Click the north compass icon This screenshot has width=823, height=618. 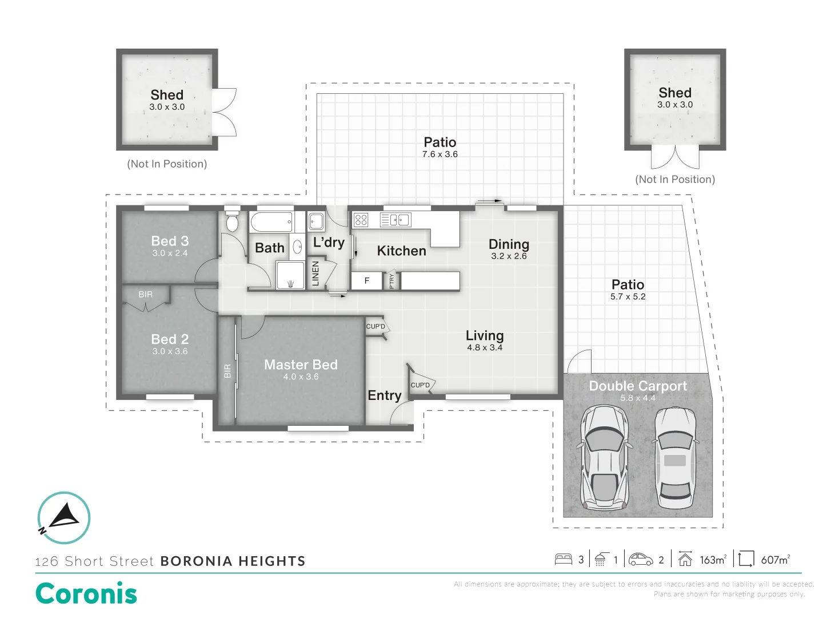tap(64, 517)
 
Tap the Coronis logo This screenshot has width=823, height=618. tap(86, 593)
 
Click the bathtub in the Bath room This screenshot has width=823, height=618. tap(272, 221)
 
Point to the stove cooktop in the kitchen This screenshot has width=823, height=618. tap(361, 220)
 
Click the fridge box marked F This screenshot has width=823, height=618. tap(366, 280)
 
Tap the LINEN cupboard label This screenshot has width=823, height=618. tap(315, 274)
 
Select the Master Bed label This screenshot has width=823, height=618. tap(301, 365)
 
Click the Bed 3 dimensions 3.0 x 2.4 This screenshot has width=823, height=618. tap(170, 253)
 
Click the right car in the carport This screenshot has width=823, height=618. tap(675, 458)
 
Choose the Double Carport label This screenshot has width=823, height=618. tap(638, 386)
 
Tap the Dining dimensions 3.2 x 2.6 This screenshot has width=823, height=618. tap(509, 256)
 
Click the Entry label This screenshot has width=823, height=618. tap(384, 395)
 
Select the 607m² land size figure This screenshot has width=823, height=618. tap(775, 560)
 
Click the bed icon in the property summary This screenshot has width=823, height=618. tap(564, 559)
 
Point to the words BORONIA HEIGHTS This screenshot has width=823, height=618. tap(233, 561)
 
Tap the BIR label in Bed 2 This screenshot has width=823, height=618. tap(146, 294)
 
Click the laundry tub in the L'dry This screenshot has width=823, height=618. tap(316, 221)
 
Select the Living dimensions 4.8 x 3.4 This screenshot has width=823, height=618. tap(485, 347)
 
